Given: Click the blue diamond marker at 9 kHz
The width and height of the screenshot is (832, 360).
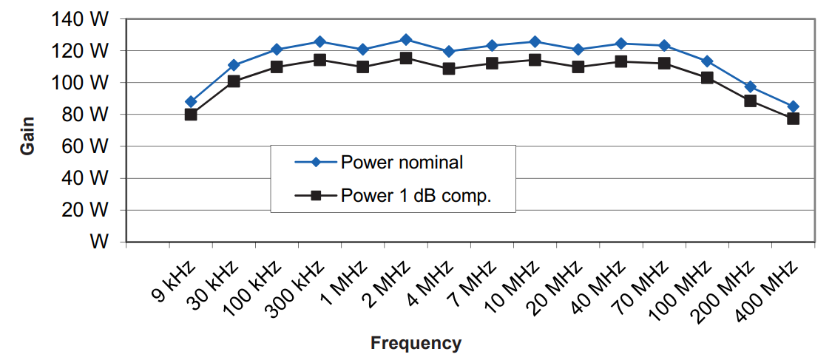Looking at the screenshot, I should pyautogui.click(x=191, y=101).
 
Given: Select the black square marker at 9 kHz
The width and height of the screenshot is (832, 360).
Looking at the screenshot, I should pyautogui.click(x=191, y=115).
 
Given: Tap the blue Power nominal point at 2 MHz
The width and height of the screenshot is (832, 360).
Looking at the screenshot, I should pyautogui.click(x=406, y=39).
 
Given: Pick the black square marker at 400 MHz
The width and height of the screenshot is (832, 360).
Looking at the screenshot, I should pyautogui.click(x=793, y=118).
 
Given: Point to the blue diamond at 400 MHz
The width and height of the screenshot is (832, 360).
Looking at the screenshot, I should pyautogui.click(x=793, y=106).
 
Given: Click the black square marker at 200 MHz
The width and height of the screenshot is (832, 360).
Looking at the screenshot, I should pyautogui.click(x=750, y=101).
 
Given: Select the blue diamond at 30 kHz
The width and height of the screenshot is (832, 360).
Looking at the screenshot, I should pyautogui.click(x=234, y=65).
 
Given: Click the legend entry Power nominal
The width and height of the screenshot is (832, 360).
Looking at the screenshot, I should pyautogui.click(x=401, y=163).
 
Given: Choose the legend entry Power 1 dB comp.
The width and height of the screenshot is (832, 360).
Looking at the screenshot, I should pyautogui.click(x=416, y=196).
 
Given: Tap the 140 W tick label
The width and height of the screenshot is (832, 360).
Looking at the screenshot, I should pyautogui.click(x=81, y=19).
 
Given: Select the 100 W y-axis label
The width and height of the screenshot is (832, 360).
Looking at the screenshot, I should pyautogui.click(x=81, y=83).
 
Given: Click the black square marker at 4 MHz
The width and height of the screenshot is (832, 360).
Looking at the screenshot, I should pyautogui.click(x=449, y=69).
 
